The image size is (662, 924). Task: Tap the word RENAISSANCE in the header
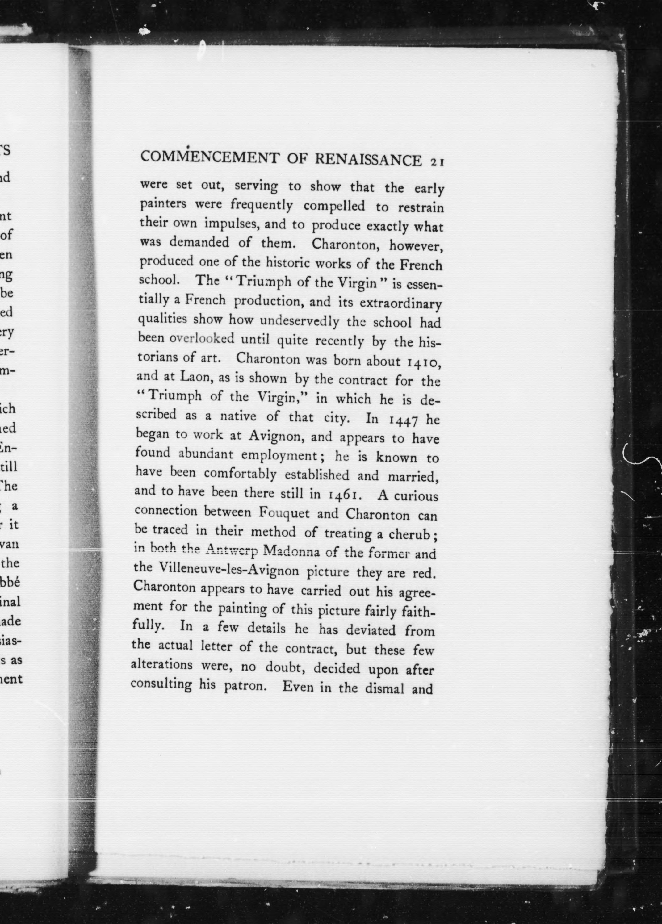[368, 160]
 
